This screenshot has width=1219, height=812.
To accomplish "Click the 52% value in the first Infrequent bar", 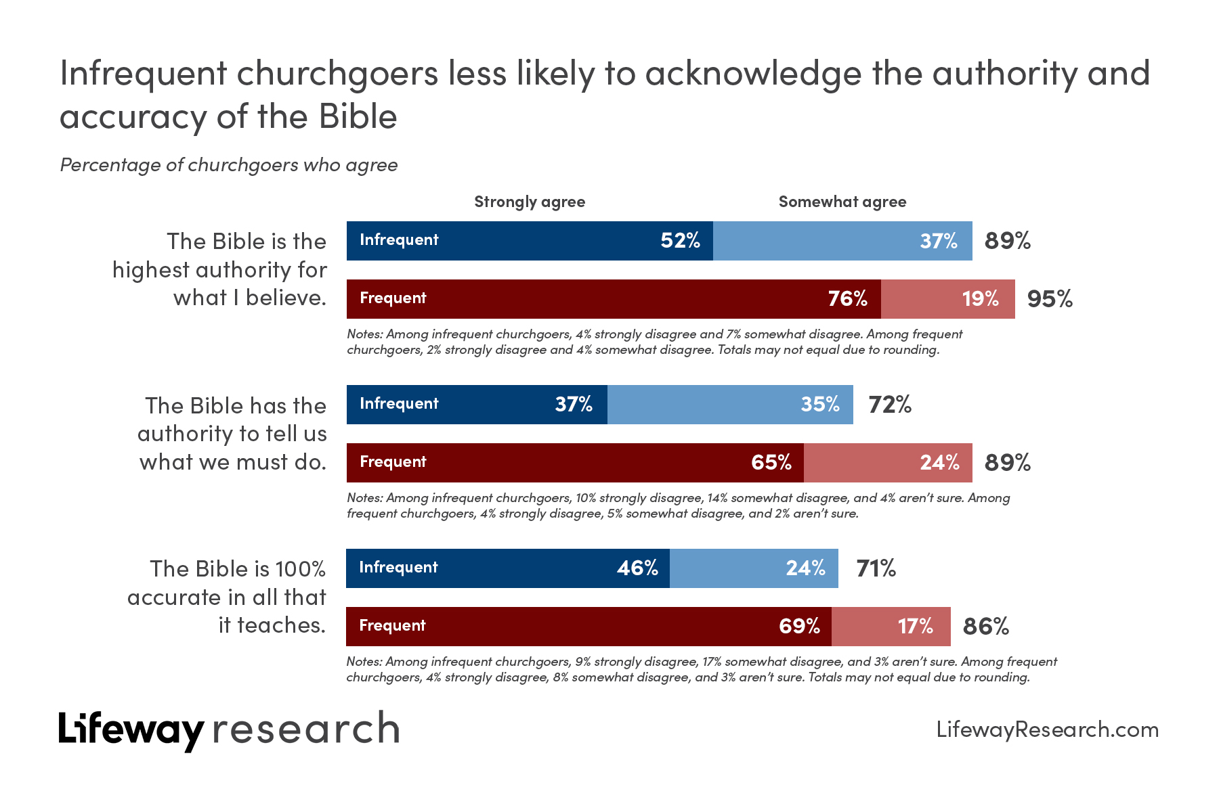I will [680, 241].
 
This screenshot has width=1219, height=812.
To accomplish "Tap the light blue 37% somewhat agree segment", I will [842, 241].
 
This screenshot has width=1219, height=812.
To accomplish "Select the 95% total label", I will [1050, 299].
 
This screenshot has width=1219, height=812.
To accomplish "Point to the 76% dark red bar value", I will [847, 299].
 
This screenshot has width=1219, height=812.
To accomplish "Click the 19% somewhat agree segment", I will [948, 299].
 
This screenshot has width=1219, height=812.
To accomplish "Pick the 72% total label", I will [890, 405].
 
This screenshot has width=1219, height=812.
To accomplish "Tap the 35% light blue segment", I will [730, 405].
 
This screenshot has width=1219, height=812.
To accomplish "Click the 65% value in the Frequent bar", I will [771, 463].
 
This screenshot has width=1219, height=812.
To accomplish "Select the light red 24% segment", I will [888, 463].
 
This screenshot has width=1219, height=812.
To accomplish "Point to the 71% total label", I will [876, 568].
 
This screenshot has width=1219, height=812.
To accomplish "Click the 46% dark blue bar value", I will [637, 568].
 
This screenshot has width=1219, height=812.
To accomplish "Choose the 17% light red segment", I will [891, 627].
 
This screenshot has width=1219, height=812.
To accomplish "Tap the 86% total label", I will [986, 627].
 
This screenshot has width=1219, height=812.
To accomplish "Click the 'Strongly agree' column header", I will [530, 202].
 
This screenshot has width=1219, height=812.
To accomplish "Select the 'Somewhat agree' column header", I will [842, 202].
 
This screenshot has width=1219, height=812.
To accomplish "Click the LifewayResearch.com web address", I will [1047, 729].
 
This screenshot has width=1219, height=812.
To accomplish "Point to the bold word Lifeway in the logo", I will [131, 729].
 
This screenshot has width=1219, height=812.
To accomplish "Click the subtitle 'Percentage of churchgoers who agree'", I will [229, 165].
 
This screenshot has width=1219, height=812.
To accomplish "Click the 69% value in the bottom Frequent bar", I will [799, 627].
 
